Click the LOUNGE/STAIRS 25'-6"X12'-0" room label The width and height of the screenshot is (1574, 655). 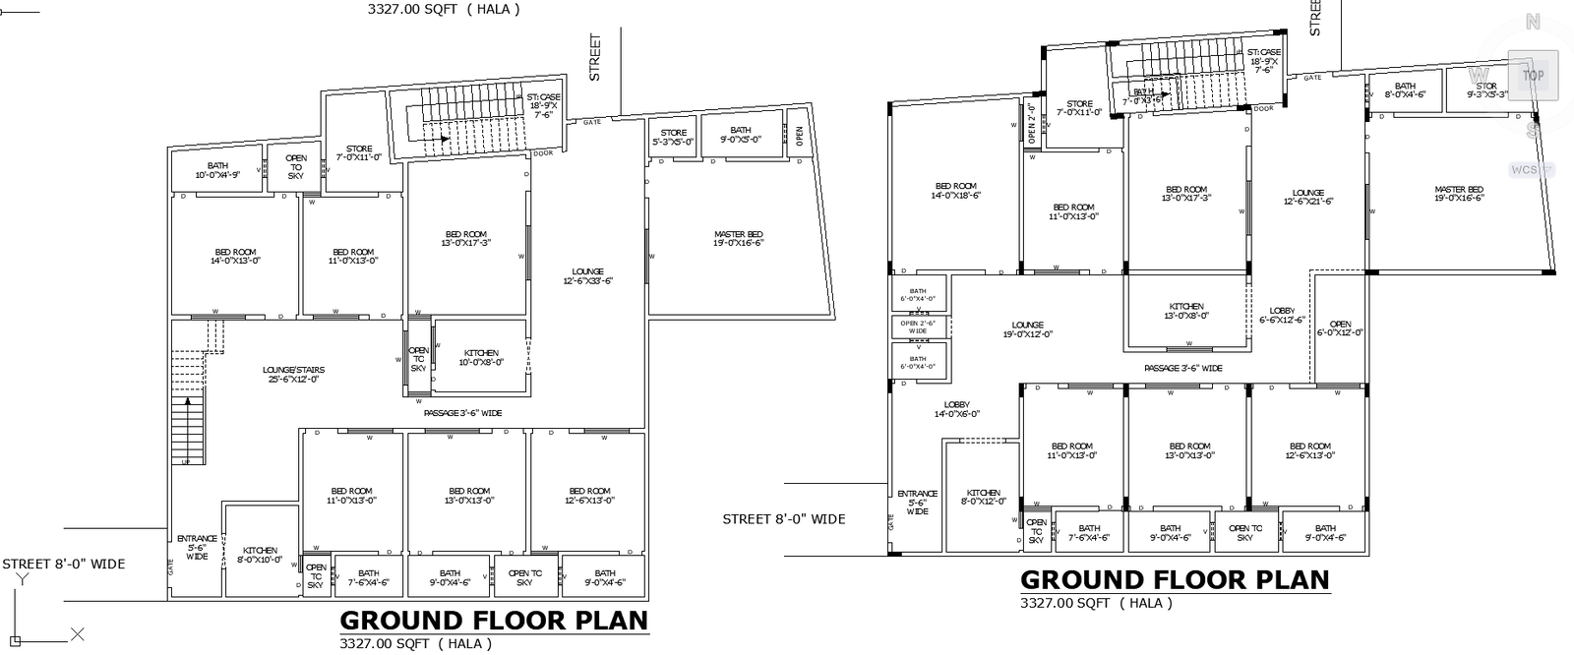pos(293,374)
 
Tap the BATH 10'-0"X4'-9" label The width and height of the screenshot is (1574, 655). pos(217,170)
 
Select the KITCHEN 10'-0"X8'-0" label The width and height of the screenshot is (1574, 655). pos(481,357)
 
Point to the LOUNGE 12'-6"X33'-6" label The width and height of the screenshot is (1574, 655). pos(587,275)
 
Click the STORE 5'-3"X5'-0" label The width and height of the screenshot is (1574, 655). pos(673,137)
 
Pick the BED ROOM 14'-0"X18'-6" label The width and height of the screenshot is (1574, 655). pos(955,190)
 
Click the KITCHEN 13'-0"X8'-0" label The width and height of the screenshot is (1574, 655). pos(1186,311)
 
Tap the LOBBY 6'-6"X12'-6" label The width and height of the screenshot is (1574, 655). pos(1282,315)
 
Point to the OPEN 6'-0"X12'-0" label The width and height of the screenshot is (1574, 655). pos(1340,328)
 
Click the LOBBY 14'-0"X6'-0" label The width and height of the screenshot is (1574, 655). pos(956,409)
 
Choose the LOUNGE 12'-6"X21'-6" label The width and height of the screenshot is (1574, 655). pos(1307,197)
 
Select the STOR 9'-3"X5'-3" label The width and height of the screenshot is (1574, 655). pos(1485,90)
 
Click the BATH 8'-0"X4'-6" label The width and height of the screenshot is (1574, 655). pos(1405,90)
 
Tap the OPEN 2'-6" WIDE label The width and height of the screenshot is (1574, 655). pos(918,327)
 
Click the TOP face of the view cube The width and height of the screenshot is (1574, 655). pos(1533,75)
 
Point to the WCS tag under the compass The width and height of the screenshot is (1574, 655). pos(1525,169)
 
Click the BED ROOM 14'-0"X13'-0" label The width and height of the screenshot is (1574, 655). pos(235,256)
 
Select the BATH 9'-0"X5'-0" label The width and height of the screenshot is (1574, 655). pos(740,135)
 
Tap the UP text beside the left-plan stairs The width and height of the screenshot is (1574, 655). pos(185,460)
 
